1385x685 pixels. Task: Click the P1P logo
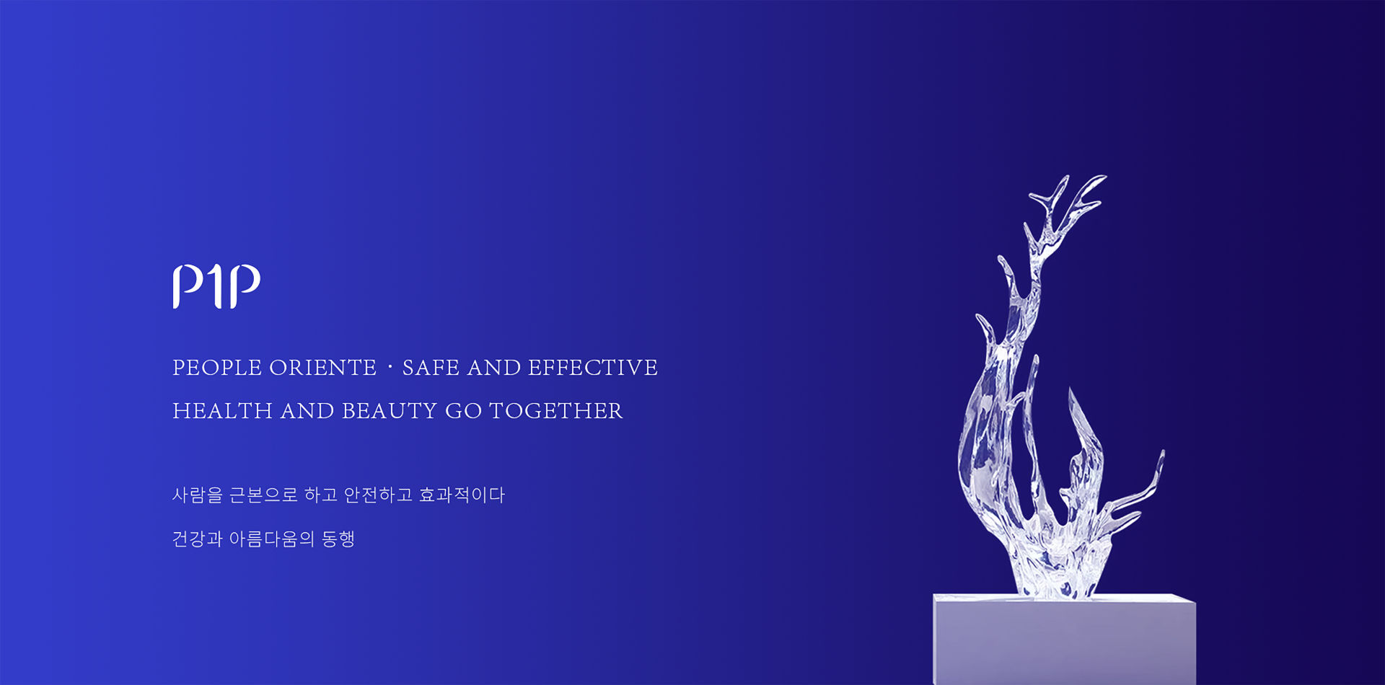[216, 286]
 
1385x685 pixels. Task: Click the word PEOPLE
[217, 368]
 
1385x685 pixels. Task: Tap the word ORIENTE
[323, 368]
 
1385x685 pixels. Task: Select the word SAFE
[431, 368]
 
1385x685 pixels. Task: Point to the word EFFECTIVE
[593, 368]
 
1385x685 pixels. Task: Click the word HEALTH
[222, 411]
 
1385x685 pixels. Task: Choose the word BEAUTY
[389, 411]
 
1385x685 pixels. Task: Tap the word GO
[463, 411]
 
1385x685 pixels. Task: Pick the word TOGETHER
[555, 411]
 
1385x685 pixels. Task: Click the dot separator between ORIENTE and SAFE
[390, 368]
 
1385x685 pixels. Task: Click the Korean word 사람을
[198, 495]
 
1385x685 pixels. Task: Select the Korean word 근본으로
[263, 495]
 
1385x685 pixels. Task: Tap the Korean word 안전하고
[378, 495]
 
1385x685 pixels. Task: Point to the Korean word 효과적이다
[462, 495]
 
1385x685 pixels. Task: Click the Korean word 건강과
[198, 539]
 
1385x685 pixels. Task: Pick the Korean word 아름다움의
[272, 539]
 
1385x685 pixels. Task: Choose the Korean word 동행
[338, 539]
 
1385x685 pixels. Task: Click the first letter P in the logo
[188, 286]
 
